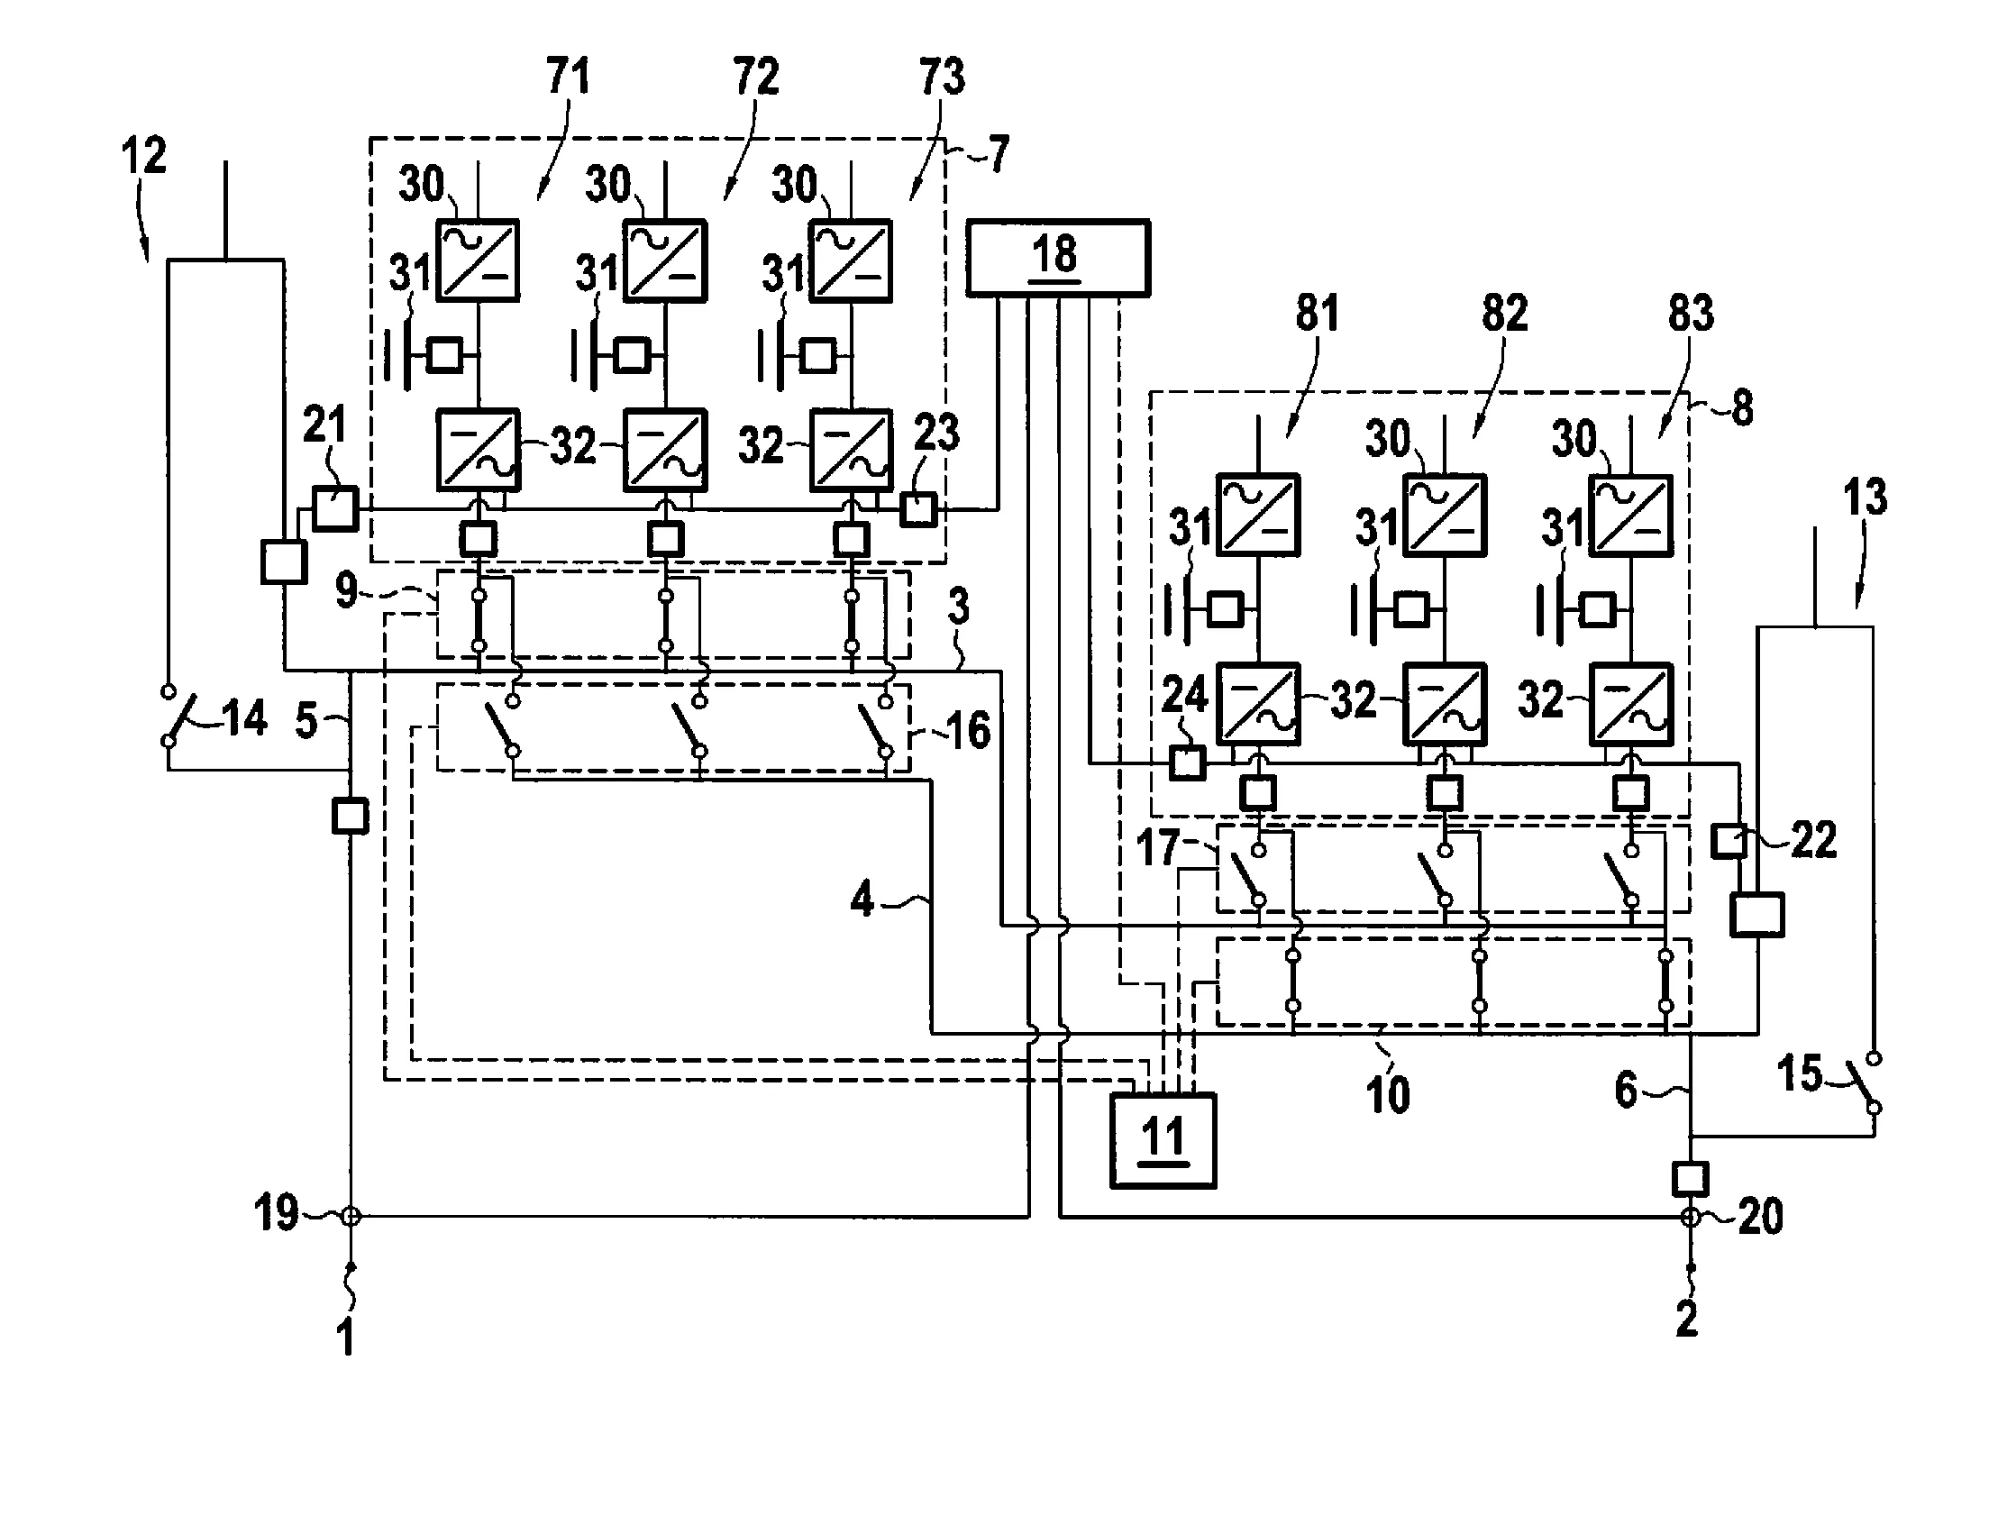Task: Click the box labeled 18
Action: [1058, 258]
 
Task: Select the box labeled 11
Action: [1163, 1141]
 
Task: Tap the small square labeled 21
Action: [335, 508]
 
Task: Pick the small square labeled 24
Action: [1187, 763]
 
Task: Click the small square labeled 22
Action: [1729, 841]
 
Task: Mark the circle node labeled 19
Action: [351, 1217]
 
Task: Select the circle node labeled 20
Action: [1690, 1217]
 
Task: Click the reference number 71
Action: [568, 76]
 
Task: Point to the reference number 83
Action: [1690, 314]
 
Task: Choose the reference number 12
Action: [143, 155]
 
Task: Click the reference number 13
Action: [1865, 498]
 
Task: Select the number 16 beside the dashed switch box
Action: [967, 730]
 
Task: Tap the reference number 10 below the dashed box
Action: [1387, 1095]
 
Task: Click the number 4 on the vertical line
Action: [862, 900]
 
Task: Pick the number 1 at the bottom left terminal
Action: [346, 1338]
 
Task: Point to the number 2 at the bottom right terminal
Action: [1686, 1320]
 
